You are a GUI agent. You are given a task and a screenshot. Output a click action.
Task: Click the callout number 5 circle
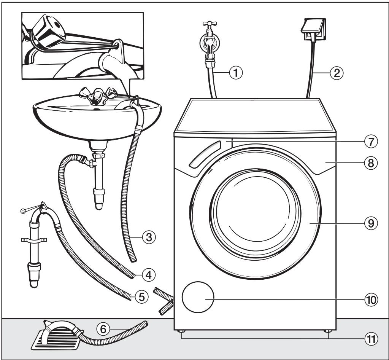point(141,296)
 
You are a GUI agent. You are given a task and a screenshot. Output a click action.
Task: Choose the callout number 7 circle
point(371,141)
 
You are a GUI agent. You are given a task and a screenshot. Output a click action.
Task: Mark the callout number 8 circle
point(371,163)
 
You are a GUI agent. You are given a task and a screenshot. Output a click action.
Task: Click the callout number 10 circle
point(371,300)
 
